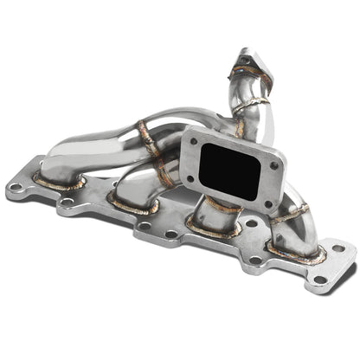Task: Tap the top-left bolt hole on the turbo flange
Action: (194, 139)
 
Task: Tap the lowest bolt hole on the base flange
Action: (321, 280)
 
